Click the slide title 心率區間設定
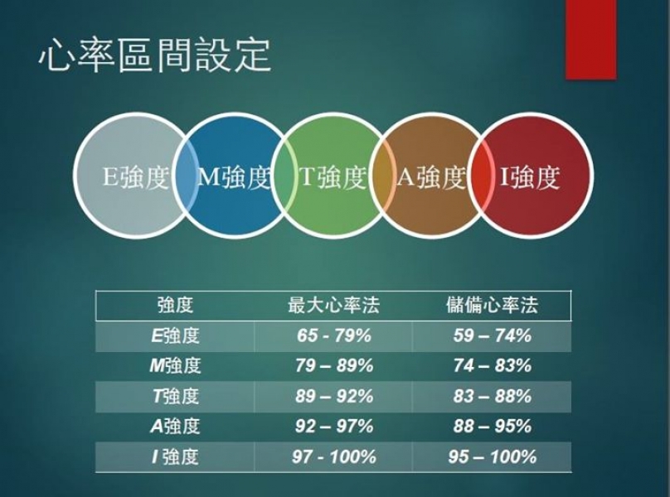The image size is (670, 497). pyautogui.click(x=155, y=55)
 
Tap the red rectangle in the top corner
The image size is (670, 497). pyautogui.click(x=591, y=39)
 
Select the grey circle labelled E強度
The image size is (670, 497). pyautogui.click(x=134, y=176)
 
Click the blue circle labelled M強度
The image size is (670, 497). pyautogui.click(x=233, y=176)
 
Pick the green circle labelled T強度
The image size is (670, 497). pyautogui.click(x=333, y=176)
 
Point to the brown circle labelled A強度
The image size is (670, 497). pyautogui.click(x=431, y=176)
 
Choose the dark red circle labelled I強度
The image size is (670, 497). pyautogui.click(x=531, y=176)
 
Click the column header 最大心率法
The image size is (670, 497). pyautogui.click(x=333, y=306)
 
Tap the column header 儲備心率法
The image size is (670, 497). pyautogui.click(x=492, y=306)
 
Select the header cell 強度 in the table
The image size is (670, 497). pyautogui.click(x=175, y=306)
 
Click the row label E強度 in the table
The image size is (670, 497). pyautogui.click(x=175, y=336)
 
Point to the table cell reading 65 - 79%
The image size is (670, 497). pyautogui.click(x=333, y=336)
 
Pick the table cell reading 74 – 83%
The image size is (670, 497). pyautogui.click(x=493, y=366)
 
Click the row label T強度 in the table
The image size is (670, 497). pyautogui.click(x=175, y=396)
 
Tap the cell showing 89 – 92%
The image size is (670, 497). pyautogui.click(x=334, y=396)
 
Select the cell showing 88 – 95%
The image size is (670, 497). pyautogui.click(x=493, y=426)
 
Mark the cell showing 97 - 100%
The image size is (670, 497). pyautogui.click(x=333, y=457)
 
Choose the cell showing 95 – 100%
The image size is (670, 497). pyautogui.click(x=493, y=457)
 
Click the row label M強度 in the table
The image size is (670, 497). pyautogui.click(x=175, y=366)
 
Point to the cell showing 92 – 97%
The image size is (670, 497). pyautogui.click(x=334, y=426)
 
